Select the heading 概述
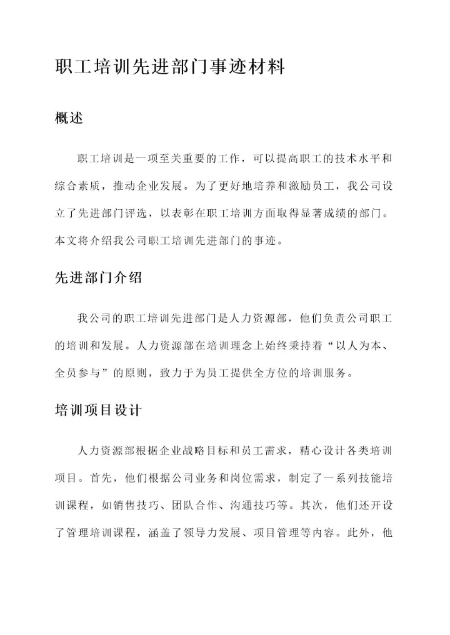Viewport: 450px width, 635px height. (69, 118)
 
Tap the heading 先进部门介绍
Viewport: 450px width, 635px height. (99, 278)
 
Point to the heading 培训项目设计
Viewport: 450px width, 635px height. (99, 410)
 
